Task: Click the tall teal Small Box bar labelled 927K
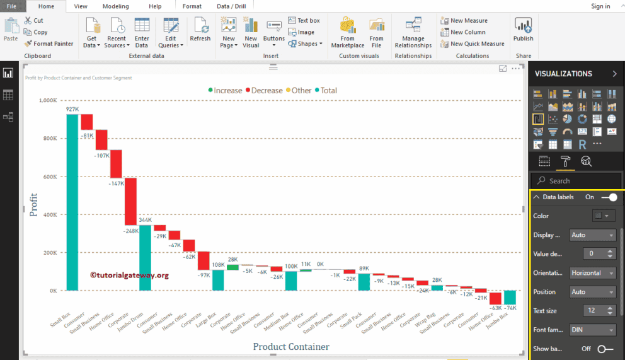(72, 202)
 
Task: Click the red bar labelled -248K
(130, 201)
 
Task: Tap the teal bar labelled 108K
(217, 280)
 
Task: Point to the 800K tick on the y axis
(49, 139)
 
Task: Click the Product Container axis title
(290, 346)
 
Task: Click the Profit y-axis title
(34, 204)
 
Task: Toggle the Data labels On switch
(608, 197)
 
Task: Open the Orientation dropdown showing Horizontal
(592, 273)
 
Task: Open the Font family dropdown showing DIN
(592, 330)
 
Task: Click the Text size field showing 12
(587, 311)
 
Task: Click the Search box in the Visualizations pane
(575, 181)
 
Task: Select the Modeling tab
(115, 6)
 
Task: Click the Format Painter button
(49, 44)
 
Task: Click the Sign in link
(600, 6)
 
